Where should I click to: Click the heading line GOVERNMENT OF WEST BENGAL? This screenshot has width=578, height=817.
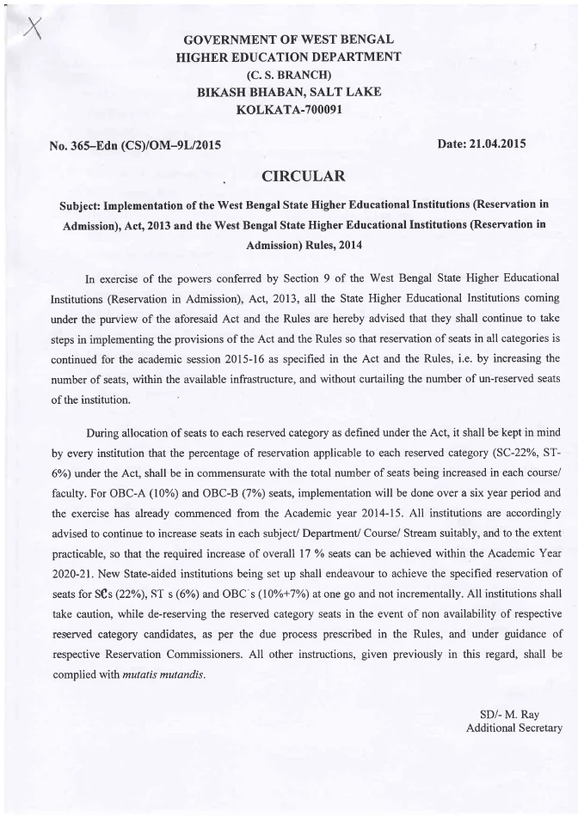click(289, 40)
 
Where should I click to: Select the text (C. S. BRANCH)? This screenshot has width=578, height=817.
click(289, 75)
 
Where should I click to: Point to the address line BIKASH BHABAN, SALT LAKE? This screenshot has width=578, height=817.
click(289, 92)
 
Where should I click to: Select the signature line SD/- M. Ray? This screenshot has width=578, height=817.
click(520, 715)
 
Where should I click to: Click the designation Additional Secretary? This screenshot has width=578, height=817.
click(513, 729)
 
